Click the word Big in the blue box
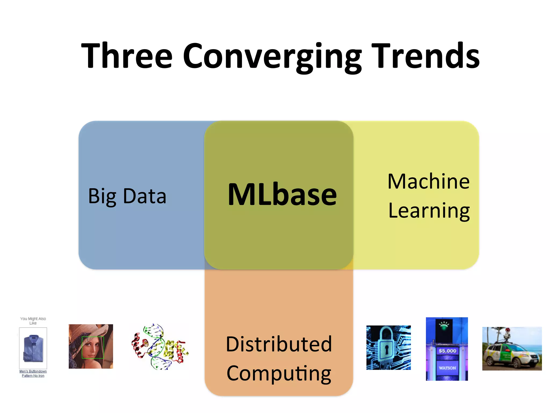click(102, 196)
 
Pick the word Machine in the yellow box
click(429, 181)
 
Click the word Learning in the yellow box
click(429, 211)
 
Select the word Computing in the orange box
click(279, 374)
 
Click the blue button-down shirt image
click(33, 348)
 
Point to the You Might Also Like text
click(33, 321)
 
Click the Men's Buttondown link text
click(33, 371)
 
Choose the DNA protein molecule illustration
click(160, 347)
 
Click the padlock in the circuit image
click(387, 347)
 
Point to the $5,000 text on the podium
click(447, 351)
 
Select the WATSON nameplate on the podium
click(447, 368)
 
